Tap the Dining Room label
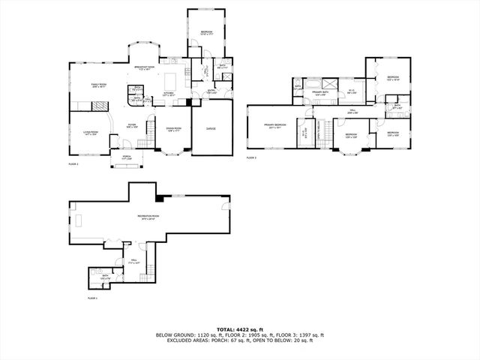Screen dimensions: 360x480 click(x=175, y=129)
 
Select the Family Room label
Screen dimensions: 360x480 click(x=98, y=85)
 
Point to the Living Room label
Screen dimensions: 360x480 click(x=91, y=133)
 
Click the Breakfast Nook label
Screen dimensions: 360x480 click(x=144, y=67)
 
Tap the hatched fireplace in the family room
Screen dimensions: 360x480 click(x=80, y=104)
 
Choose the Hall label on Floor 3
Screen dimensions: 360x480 click(x=352, y=111)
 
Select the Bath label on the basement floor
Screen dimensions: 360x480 click(x=104, y=277)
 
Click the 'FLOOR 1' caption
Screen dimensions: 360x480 click(x=93, y=298)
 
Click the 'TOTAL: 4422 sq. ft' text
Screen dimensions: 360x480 click(x=240, y=329)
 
